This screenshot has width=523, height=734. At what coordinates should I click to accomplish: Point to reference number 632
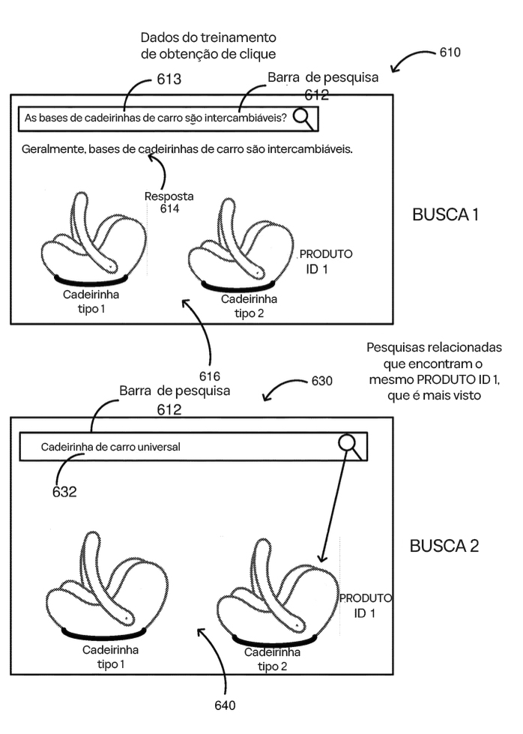[x=64, y=492]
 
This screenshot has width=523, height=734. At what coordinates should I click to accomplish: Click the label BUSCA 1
[x=445, y=215]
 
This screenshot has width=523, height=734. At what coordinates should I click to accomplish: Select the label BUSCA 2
[x=444, y=545]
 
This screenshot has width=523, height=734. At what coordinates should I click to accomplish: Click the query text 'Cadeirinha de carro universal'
[x=110, y=448]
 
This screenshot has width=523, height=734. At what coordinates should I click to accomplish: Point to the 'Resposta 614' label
[x=169, y=202]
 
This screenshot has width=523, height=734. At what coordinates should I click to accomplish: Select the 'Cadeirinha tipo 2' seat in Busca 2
[x=267, y=592]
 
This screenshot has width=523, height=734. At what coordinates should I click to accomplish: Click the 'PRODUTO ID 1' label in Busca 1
[x=325, y=261]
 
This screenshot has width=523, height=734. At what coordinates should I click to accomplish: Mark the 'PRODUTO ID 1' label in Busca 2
[x=365, y=605]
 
